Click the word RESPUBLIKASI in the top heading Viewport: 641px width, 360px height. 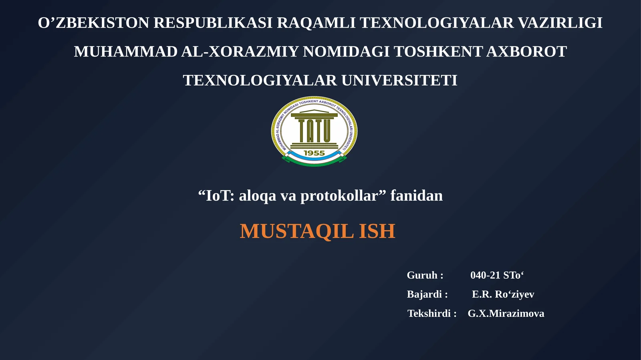(x=213, y=23)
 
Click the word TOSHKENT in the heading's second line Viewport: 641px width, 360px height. (x=438, y=52)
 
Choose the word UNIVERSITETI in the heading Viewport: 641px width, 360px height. (x=399, y=80)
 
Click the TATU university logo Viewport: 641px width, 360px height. (x=314, y=131)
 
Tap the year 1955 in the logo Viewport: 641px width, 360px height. (x=314, y=153)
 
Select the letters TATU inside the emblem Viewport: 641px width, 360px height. (x=314, y=131)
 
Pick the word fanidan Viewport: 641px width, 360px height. (x=416, y=196)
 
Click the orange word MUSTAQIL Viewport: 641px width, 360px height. (x=296, y=231)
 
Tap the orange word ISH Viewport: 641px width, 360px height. (x=377, y=231)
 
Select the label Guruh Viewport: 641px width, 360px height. (x=422, y=275)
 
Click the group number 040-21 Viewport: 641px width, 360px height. (x=485, y=275)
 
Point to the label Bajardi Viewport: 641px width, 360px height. (x=424, y=294)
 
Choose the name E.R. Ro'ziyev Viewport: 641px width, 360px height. (x=503, y=294)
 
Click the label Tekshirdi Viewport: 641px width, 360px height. (x=429, y=314)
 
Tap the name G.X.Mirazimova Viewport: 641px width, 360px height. (x=506, y=314)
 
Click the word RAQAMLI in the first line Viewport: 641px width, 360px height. (x=316, y=23)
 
